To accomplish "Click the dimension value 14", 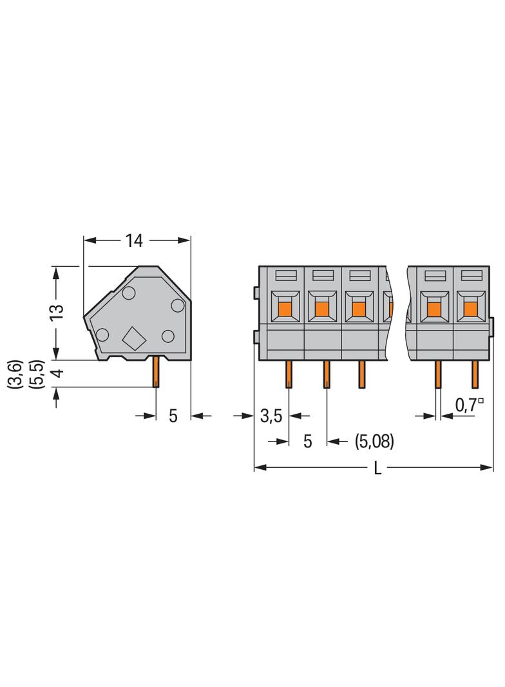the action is pyautogui.click(x=134, y=240).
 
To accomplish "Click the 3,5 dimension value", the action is pyautogui.click(x=272, y=416).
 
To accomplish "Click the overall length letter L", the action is pyautogui.click(x=377, y=469).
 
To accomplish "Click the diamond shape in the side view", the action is pyautogui.click(x=133, y=338).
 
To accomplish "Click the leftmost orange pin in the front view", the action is pyautogui.click(x=289, y=374).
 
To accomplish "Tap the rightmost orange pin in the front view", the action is pyautogui.click(x=475, y=374).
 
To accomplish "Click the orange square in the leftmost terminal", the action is pyautogui.click(x=285, y=309).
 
